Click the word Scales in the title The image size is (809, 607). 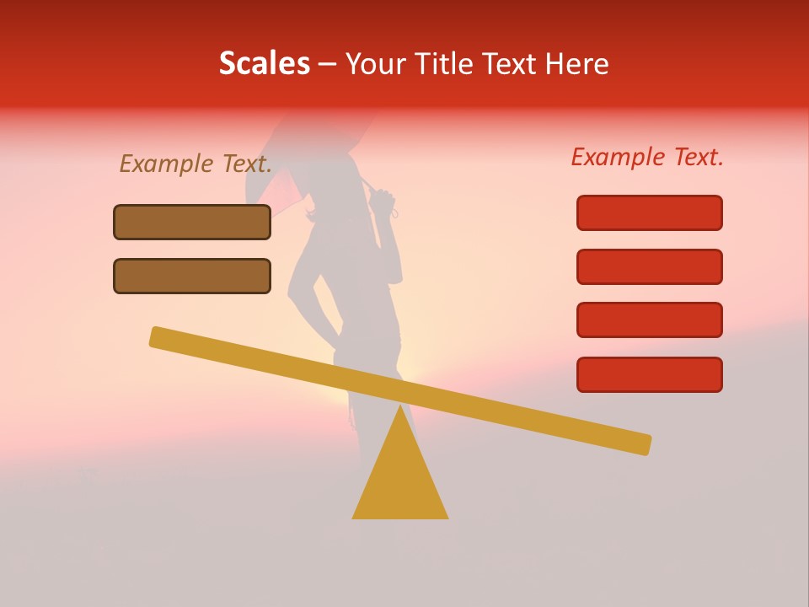click(264, 63)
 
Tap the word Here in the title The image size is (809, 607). click(575, 63)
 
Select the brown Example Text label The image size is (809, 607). click(196, 164)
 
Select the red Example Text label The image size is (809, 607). click(647, 157)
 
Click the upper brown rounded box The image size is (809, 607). click(192, 222)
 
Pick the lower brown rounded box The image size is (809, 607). click(192, 276)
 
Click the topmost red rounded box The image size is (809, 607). click(649, 212)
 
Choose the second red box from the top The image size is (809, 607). click(649, 266)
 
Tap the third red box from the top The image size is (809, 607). click(649, 320)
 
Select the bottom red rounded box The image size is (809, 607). click(649, 374)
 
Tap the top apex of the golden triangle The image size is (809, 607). click(400, 406)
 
